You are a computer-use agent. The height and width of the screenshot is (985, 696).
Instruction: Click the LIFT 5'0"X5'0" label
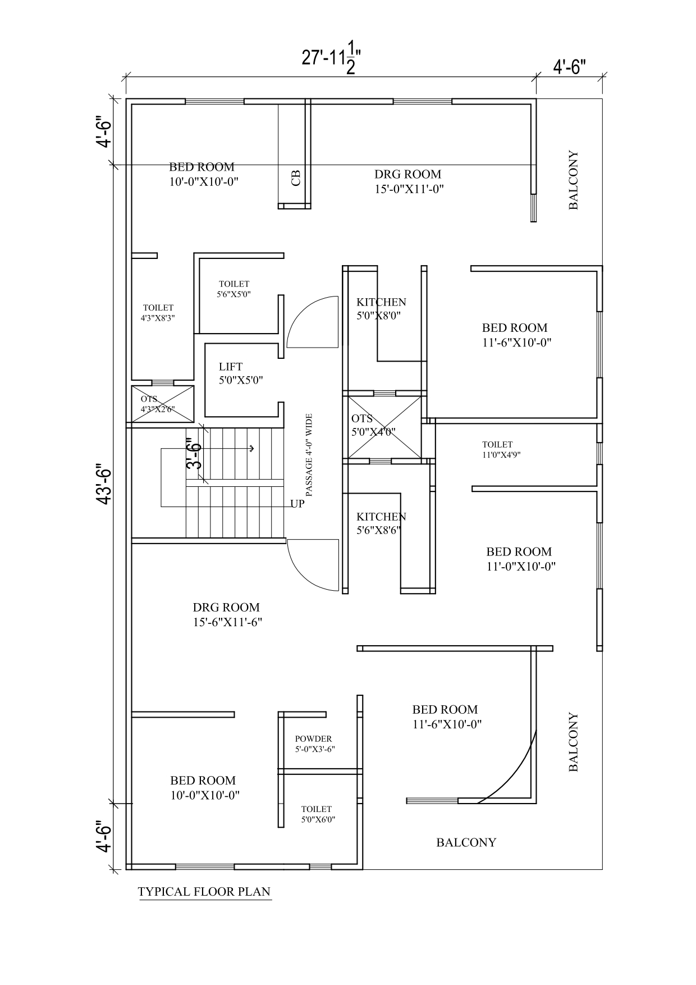(241, 373)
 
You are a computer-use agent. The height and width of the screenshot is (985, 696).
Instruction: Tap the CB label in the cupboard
(296, 178)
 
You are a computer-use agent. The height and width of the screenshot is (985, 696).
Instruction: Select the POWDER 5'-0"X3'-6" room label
(315, 744)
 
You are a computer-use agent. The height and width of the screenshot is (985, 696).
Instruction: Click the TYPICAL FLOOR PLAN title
(204, 891)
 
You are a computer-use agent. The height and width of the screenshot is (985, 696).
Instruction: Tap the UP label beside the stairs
(297, 504)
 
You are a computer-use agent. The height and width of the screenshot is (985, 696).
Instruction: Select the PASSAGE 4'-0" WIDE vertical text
(309, 455)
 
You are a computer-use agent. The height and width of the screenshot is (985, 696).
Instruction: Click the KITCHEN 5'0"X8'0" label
(381, 309)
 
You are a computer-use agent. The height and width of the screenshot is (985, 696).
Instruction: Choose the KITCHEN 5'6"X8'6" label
(381, 523)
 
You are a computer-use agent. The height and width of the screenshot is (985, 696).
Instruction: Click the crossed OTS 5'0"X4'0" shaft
(384, 427)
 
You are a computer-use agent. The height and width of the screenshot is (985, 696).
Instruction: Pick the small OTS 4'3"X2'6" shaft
(163, 404)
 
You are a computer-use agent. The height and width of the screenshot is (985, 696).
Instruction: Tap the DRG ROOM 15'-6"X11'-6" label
(227, 614)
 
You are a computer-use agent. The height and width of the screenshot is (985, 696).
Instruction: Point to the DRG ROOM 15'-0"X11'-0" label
(409, 181)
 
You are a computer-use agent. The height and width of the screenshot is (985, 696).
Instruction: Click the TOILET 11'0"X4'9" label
(501, 450)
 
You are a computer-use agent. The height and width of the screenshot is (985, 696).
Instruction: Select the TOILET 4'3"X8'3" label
(158, 313)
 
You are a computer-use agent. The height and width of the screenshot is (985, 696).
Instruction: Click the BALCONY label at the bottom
(466, 842)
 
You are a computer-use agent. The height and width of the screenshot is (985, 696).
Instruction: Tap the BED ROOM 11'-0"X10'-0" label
(520, 559)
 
